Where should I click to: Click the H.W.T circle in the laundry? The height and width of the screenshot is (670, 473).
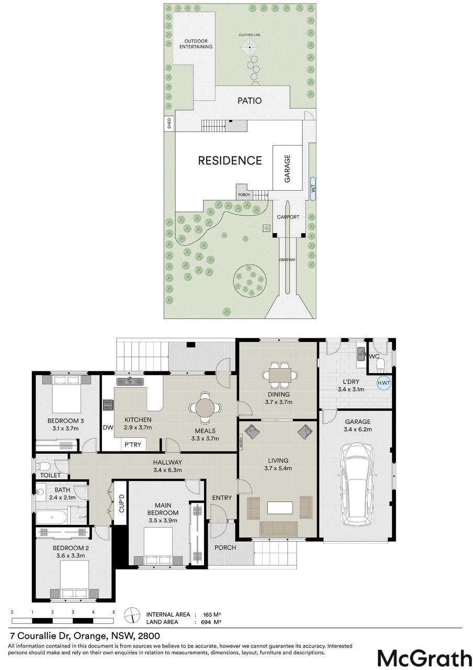click(384, 382)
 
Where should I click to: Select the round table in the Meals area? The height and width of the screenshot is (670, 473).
click(205, 408)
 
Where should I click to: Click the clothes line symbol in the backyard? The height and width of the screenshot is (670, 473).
click(250, 47)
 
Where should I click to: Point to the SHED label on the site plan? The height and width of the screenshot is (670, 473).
click(169, 123)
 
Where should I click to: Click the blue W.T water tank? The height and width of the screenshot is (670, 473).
click(313, 189)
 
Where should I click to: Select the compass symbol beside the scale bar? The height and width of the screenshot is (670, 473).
click(132, 616)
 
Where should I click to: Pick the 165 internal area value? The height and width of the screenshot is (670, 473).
click(208, 614)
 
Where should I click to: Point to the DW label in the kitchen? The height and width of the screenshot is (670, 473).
click(108, 427)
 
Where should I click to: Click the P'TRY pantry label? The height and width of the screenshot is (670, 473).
click(133, 444)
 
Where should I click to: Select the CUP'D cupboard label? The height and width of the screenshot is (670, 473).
click(121, 504)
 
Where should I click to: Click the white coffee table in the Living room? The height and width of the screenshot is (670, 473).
click(280, 507)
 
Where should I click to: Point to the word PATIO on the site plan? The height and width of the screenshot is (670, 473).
click(250, 101)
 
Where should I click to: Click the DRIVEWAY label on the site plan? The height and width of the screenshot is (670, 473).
click(287, 260)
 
